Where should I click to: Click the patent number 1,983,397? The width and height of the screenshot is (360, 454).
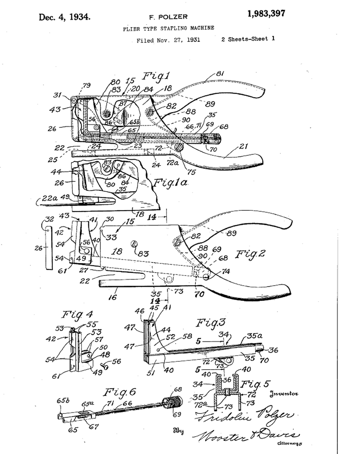[266, 14]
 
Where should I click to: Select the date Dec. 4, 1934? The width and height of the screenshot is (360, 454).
[64, 17]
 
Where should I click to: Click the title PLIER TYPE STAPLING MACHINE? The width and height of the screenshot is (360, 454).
[168, 28]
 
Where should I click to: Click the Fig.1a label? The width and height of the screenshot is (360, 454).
[170, 182]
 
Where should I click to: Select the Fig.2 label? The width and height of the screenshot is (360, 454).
[250, 254]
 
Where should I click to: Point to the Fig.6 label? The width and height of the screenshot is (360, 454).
[119, 392]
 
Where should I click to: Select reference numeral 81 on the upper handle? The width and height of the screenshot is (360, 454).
[219, 74]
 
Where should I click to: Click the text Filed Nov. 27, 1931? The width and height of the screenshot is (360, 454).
[168, 40]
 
